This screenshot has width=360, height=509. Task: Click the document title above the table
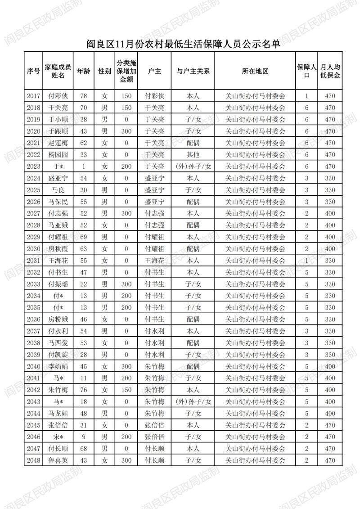(180, 44)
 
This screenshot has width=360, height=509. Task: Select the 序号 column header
(33, 71)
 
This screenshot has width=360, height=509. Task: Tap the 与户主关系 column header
(193, 71)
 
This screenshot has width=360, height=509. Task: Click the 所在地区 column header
(255, 71)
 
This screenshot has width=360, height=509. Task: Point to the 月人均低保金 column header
(330, 71)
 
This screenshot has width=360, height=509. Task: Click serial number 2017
(33, 96)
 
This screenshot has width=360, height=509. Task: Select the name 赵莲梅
(58, 143)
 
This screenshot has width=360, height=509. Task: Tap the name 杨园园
(58, 154)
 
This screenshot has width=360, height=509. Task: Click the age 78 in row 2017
(83, 96)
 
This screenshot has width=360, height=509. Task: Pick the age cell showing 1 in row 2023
(83, 166)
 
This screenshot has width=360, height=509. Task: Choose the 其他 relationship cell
(193, 154)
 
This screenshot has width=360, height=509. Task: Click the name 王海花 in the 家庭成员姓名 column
(58, 260)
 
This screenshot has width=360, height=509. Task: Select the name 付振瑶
(58, 284)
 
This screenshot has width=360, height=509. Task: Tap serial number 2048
(33, 460)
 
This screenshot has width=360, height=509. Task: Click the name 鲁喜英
(58, 460)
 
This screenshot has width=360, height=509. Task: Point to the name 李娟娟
(58, 366)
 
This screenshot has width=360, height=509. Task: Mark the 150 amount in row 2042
(126, 389)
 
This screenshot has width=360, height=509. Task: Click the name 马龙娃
(58, 413)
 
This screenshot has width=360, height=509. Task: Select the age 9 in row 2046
(83, 437)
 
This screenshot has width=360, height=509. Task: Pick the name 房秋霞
(58, 248)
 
